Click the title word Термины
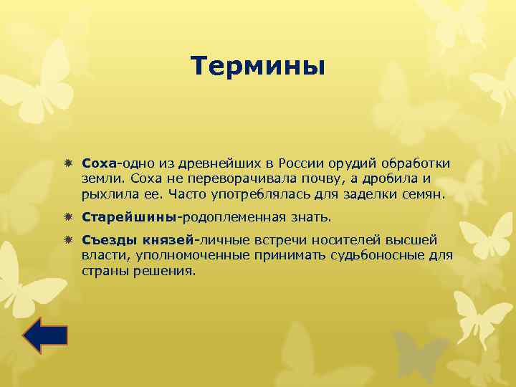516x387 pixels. [258, 67]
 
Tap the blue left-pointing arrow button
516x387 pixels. [44, 335]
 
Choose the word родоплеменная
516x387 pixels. [239, 216]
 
